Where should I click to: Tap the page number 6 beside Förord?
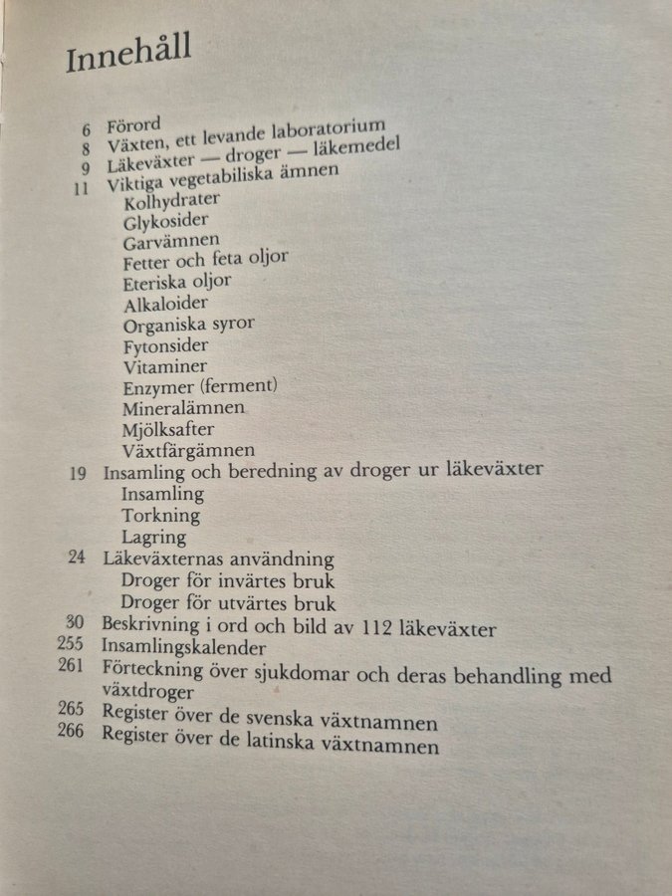tap(86, 129)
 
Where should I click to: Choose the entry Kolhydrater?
tap(172, 201)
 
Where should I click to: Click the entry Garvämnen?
tap(171, 242)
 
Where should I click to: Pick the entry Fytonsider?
tap(166, 345)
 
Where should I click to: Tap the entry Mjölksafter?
tap(168, 429)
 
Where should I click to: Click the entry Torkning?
tap(160, 516)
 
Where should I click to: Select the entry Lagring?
tap(154, 538)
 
